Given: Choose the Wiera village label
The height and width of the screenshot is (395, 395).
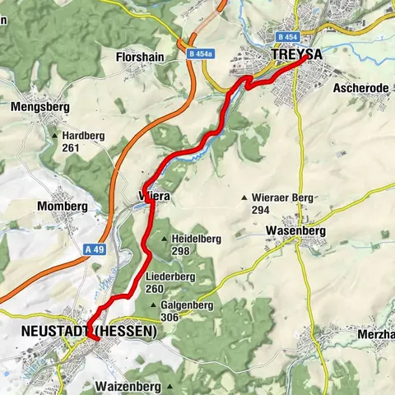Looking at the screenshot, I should (x=154, y=197).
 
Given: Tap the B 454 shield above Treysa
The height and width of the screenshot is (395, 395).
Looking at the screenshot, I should (x=286, y=37).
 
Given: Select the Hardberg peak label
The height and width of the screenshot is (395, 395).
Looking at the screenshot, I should (x=85, y=137).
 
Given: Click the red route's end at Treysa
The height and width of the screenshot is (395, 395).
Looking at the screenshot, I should (x=305, y=58).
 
